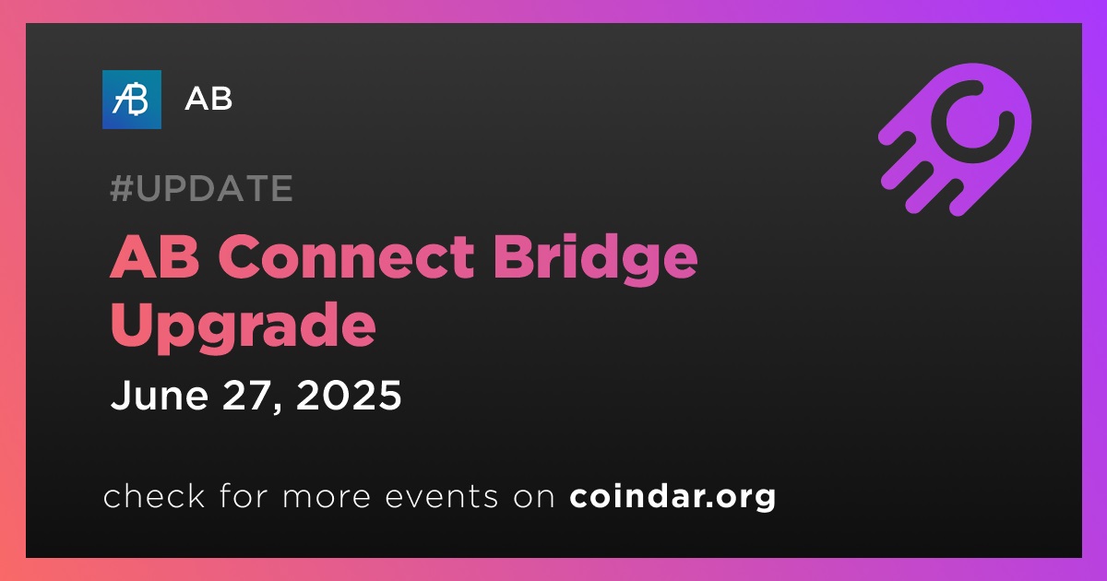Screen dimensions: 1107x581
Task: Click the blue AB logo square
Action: point(131,100)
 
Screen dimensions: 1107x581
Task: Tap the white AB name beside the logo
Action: point(208,99)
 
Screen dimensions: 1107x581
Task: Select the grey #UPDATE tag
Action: point(201,188)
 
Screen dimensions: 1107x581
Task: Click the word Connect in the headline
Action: point(347,256)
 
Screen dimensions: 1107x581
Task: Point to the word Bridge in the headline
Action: point(596,259)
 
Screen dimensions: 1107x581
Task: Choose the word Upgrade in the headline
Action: point(244,326)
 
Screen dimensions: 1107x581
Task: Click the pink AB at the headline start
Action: point(155,256)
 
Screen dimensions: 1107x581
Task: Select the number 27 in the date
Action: point(246,396)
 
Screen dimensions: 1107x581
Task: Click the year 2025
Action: point(349,396)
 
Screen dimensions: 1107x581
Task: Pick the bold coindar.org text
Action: point(673,497)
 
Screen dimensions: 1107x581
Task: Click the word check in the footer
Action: point(154,495)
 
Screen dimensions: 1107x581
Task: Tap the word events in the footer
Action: point(442,496)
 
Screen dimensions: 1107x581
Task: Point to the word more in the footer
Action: point(327,497)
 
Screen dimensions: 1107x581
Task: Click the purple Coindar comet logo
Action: point(955,140)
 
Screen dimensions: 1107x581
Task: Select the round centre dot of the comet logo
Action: point(972,123)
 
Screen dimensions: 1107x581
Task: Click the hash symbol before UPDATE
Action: point(121,188)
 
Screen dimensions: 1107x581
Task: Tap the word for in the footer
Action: point(244,495)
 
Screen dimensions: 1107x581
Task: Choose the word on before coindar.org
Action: point(534,497)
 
